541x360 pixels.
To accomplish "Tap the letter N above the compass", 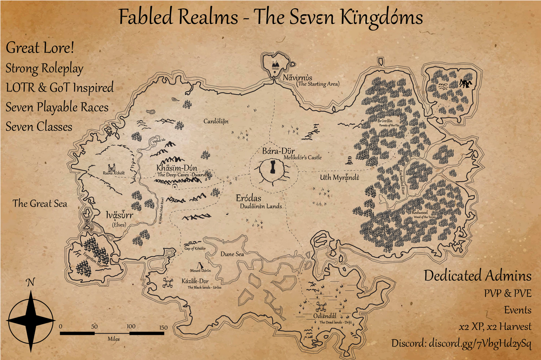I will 30,283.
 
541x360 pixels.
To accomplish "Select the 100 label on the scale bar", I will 131,326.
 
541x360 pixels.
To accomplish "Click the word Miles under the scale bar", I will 113,339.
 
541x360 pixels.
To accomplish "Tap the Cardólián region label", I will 216,122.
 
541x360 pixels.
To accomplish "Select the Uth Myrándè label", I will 340,177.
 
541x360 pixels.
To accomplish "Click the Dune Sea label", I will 232,254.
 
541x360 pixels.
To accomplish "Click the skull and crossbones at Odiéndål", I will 321,307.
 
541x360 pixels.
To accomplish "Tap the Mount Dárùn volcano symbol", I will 200,265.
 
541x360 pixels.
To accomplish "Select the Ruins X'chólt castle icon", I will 111,167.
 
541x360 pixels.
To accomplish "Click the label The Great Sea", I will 40,203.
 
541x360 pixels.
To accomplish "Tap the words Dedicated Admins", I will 478,276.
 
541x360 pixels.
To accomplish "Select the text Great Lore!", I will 40,48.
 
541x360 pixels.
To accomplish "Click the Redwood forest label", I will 420,212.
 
